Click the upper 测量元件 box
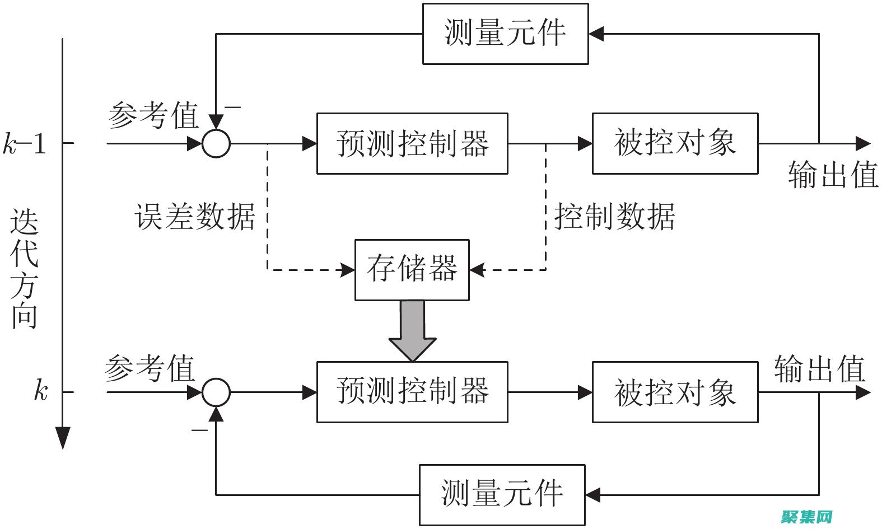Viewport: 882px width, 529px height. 505,34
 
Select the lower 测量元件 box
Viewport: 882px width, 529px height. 502,494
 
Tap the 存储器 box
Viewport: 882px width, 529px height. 412,270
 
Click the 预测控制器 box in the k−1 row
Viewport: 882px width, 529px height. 412,143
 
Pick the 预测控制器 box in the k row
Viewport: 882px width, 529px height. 412,391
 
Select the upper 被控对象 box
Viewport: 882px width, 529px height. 675,143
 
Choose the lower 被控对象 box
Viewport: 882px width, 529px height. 675,391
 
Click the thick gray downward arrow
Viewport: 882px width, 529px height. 413,330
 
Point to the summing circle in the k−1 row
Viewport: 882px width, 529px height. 216,143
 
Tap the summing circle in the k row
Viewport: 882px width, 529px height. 216,392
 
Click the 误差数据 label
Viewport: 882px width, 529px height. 195,216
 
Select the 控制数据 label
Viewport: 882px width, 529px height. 614,216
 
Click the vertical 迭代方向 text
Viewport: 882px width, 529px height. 25,269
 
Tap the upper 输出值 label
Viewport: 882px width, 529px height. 833,175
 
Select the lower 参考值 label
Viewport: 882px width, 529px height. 149,368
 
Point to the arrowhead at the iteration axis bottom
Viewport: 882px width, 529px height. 63,437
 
